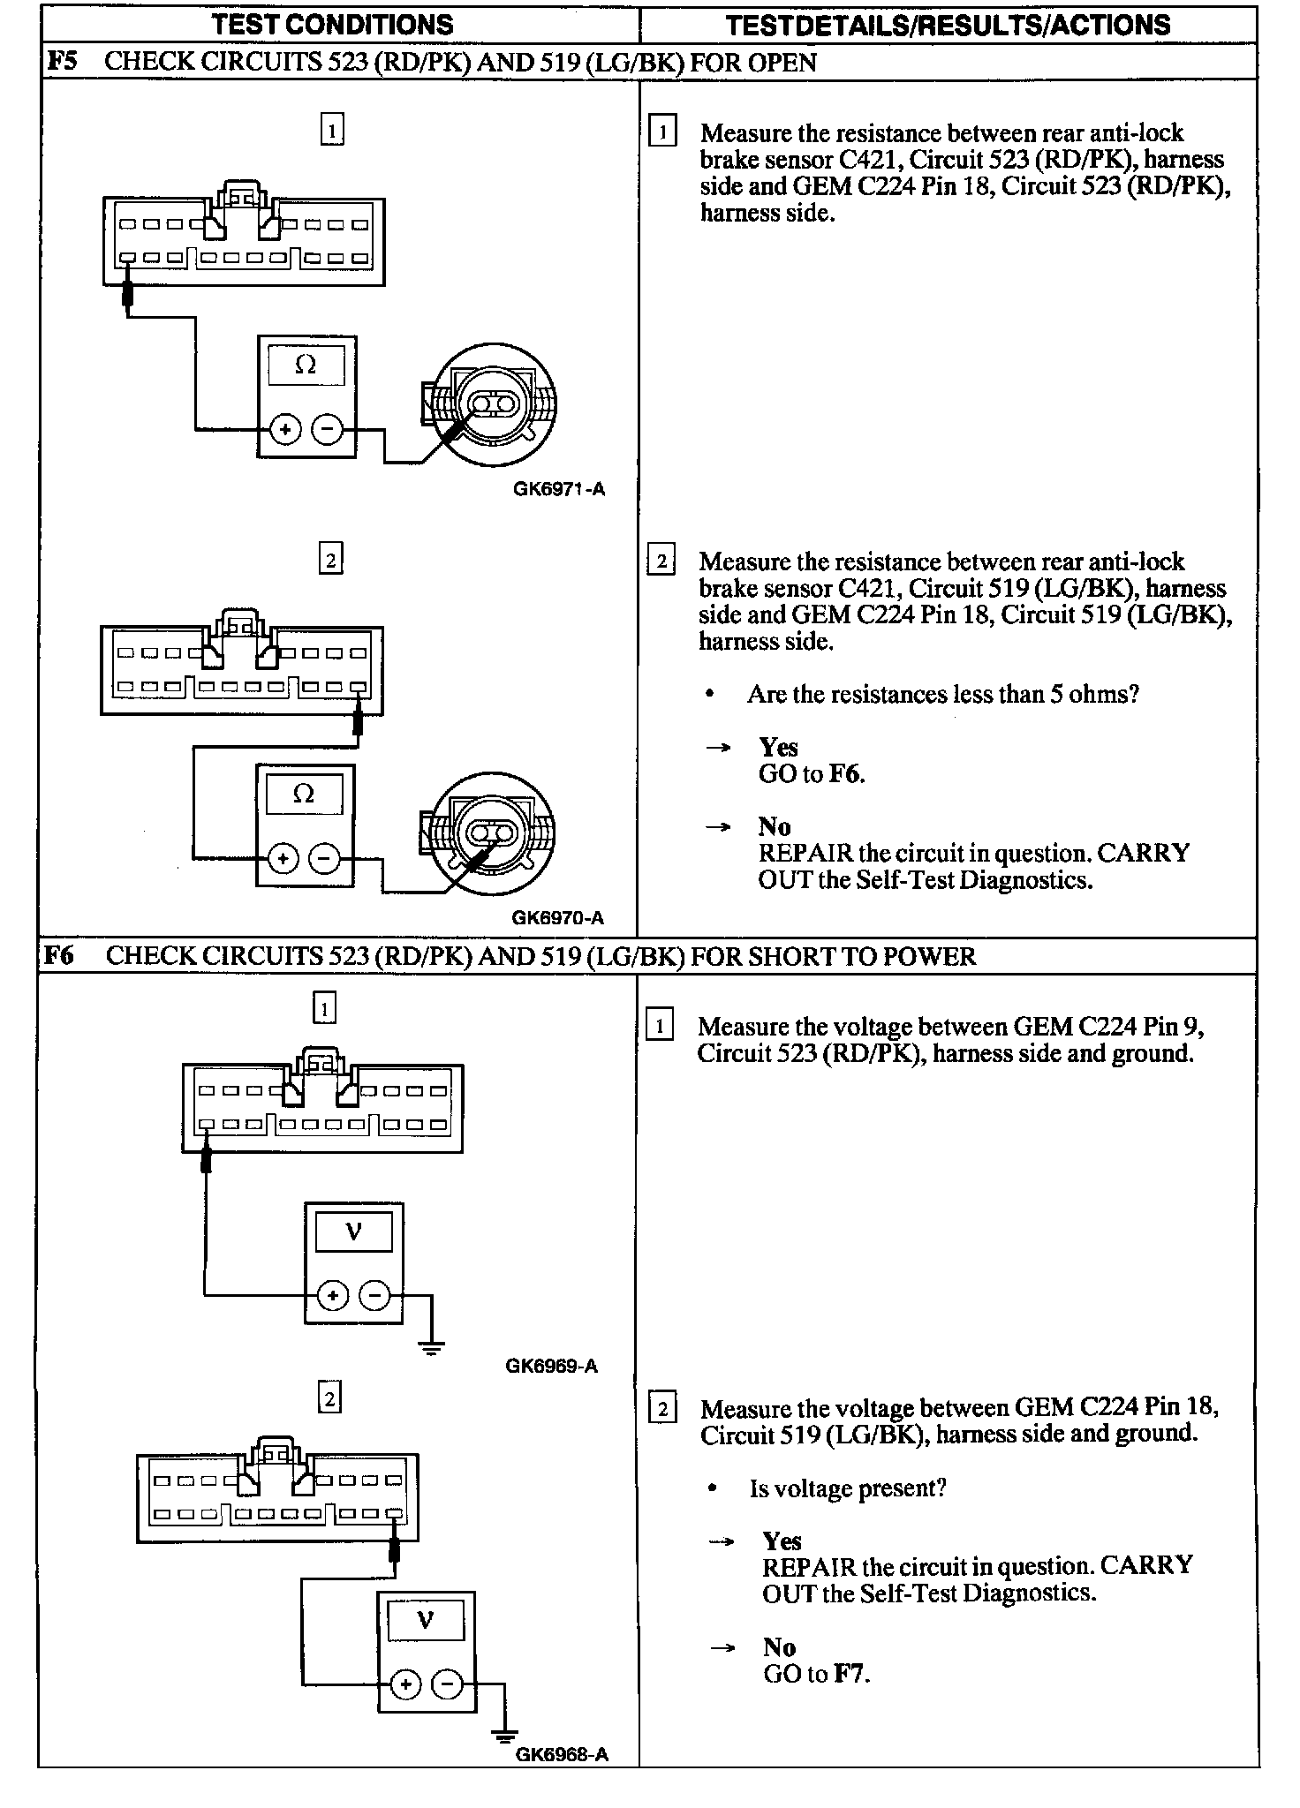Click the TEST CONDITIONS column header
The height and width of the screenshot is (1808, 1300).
click(x=332, y=24)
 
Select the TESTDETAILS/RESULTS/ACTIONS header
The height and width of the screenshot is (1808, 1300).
click(x=948, y=24)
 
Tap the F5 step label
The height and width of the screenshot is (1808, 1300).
click(x=61, y=62)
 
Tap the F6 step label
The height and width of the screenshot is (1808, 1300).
click(x=59, y=956)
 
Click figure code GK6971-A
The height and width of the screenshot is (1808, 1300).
click(x=559, y=489)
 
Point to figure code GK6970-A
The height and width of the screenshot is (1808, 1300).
click(x=558, y=917)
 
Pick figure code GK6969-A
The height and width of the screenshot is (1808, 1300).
click(x=552, y=1366)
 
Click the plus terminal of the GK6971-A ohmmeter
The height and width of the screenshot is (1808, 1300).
click(x=284, y=430)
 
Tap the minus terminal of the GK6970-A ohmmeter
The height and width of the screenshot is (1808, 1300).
click(x=326, y=858)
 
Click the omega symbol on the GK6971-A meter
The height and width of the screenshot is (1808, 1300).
click(x=306, y=364)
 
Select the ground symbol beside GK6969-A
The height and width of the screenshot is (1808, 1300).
click(x=431, y=1347)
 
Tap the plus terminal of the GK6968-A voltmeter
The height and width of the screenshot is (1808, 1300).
click(x=405, y=1685)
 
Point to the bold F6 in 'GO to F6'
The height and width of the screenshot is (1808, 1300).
click(x=845, y=774)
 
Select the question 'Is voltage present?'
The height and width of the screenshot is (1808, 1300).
click(x=848, y=1488)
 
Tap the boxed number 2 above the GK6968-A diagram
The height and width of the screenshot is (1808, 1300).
click(x=329, y=1398)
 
